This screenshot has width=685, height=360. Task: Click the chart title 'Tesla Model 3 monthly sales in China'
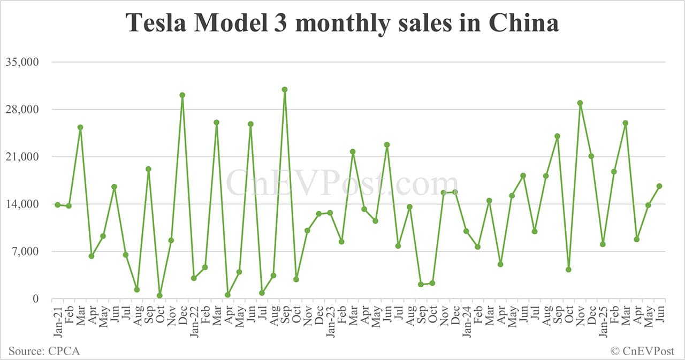[342, 22]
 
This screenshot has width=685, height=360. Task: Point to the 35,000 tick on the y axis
[22, 62]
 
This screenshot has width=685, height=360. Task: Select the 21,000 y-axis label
[22, 157]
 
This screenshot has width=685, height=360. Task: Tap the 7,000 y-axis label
[25, 251]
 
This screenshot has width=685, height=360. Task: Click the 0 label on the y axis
[36, 299]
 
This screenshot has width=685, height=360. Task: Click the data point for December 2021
[182, 95]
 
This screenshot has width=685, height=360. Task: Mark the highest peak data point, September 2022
[285, 89]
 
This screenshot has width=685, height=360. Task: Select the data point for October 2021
[159, 295]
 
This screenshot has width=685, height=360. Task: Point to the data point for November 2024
[580, 103]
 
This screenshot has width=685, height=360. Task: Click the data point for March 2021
[80, 127]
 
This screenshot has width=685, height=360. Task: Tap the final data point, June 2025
[659, 186]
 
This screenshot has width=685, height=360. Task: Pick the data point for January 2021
[57, 205]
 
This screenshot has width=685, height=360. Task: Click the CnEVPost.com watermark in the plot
[342, 183]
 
